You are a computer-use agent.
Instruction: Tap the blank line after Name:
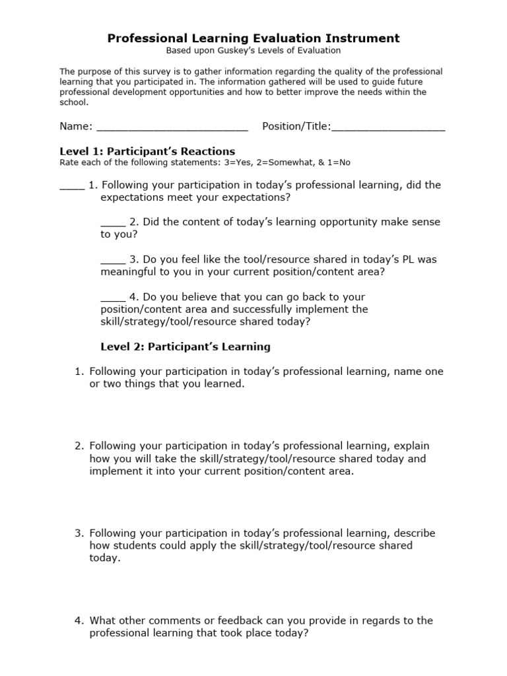click(x=172, y=127)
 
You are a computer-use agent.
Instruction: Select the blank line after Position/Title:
click(x=388, y=127)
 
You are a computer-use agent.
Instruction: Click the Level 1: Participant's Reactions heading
click(x=147, y=151)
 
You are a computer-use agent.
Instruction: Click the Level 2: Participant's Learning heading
click(x=185, y=346)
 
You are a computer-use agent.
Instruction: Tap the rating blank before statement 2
click(x=113, y=222)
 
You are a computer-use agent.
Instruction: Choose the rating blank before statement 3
click(x=113, y=259)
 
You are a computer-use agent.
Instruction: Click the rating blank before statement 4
click(x=113, y=297)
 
